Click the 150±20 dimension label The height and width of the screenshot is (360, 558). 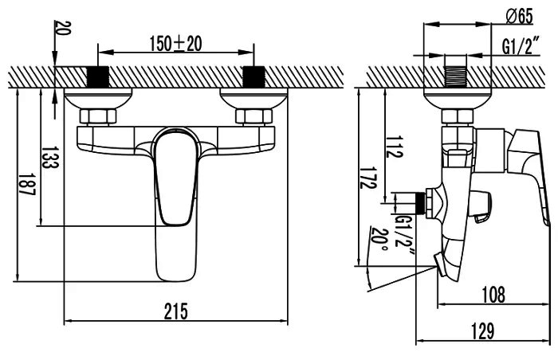point(175,44)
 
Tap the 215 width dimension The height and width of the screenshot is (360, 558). point(176,311)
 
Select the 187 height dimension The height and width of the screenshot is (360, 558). point(27,184)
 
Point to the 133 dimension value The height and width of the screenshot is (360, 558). point(50,157)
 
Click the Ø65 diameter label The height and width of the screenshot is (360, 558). point(519,16)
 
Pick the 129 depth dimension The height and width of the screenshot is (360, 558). point(483,331)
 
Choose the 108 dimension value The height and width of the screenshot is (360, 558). point(493,295)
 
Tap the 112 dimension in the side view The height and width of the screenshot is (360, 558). point(395,147)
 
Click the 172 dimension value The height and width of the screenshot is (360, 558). point(368,178)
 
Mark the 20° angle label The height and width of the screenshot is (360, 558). point(379,238)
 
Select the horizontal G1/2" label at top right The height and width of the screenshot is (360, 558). point(520,46)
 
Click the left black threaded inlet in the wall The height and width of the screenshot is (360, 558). point(97,76)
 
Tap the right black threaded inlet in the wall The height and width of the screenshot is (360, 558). point(253,76)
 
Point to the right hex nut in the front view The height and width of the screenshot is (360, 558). point(254,116)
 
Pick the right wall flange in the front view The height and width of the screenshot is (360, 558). point(253,99)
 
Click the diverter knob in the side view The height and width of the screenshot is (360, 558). point(481,206)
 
